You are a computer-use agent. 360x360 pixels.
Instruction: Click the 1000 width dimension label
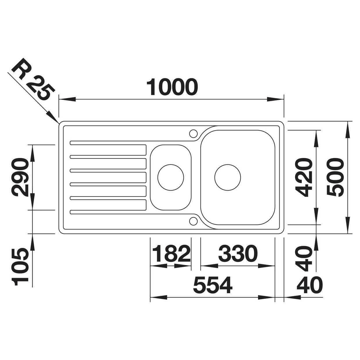point(172,87)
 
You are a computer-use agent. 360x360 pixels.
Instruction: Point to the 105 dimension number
point(20,267)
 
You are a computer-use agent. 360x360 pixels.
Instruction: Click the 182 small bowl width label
point(172,253)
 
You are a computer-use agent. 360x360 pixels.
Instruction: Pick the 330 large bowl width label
point(238,253)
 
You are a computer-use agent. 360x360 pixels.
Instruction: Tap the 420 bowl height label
point(303,177)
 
